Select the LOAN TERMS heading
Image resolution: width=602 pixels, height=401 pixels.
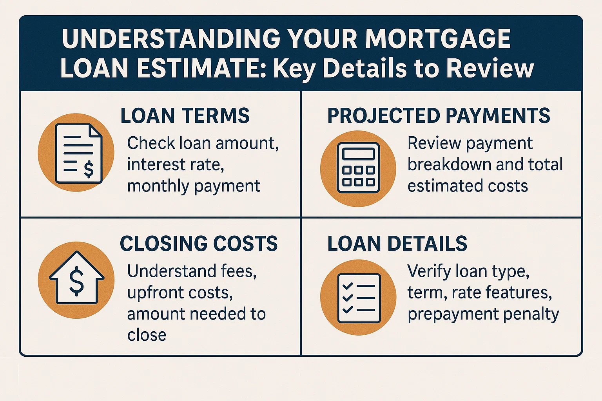pos(185,116)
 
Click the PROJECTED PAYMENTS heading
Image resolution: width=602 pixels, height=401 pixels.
pos(439,116)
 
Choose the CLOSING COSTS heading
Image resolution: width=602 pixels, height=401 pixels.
pos(199,243)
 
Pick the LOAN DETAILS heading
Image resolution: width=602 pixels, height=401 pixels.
pos(397,243)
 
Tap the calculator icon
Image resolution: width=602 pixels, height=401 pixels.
pos(358,167)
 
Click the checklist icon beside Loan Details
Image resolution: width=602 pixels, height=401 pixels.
pos(358,298)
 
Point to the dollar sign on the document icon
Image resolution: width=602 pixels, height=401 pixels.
pos(89,169)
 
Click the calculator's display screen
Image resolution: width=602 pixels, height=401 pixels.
pos(358,154)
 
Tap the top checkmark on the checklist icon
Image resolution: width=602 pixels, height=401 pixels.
pos(347,286)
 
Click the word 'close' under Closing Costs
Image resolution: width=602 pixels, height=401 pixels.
pos(147,335)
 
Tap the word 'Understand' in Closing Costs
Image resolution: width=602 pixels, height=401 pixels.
pos(170,271)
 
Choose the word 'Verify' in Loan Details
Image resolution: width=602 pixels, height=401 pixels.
pos(428,271)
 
